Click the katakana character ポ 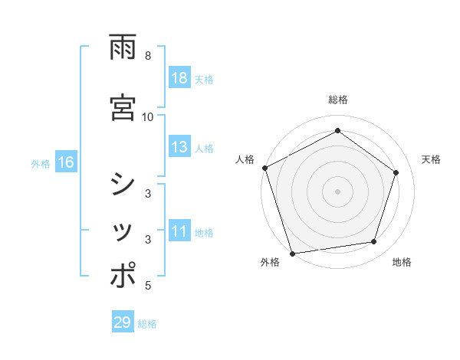point(123,276)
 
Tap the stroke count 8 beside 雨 point(148,56)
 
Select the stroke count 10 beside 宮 point(148,116)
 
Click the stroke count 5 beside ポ point(148,286)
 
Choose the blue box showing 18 point(179,78)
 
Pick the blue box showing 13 point(179,148)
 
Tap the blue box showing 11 point(179,232)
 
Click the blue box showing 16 point(65,162)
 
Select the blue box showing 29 point(123,322)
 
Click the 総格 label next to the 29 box point(147,324)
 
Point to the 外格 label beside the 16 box point(41,163)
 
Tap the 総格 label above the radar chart point(337,100)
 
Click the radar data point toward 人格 point(264,168)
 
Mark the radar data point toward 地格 point(374,242)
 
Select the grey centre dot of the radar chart point(337,191)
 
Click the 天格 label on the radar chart point(431,159)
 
